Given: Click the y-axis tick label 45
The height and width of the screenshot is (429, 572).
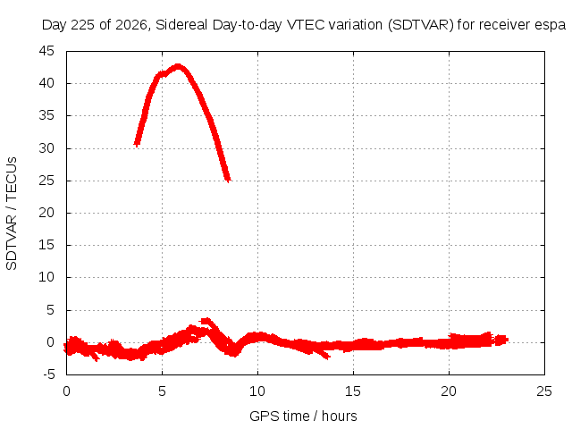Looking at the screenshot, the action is (x=46, y=51).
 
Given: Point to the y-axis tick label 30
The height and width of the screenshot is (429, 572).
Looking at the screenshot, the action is (x=46, y=148).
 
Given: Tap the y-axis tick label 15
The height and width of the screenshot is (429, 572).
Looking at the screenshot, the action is (x=46, y=245).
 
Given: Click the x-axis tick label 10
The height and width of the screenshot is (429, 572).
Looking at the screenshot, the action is (x=257, y=391).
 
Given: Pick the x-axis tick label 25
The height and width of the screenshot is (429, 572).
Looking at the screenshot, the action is (x=544, y=391).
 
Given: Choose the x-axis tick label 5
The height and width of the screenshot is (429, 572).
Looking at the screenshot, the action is (x=162, y=391).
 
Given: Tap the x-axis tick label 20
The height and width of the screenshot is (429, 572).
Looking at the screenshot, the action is (x=449, y=391).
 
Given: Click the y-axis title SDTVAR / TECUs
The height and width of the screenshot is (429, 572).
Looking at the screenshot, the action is (x=12, y=214).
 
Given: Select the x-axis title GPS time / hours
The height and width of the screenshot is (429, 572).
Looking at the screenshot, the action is (x=303, y=416).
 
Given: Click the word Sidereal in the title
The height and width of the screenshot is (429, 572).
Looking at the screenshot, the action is (x=181, y=25).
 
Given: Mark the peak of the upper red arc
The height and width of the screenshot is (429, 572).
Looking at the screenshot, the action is (x=178, y=66).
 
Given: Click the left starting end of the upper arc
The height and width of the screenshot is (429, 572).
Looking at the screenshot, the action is (x=137, y=144).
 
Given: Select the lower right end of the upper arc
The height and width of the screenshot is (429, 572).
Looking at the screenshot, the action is (x=228, y=180).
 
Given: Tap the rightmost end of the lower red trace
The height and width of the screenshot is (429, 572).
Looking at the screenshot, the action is (x=507, y=340).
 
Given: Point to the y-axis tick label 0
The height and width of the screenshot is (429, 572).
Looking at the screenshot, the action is (x=50, y=342).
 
